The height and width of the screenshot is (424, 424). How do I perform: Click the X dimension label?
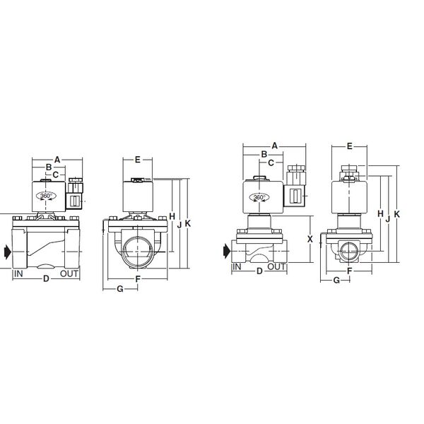(310, 239)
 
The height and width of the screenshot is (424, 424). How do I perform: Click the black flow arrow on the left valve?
(8, 252)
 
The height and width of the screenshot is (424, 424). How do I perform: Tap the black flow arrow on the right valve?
(227, 251)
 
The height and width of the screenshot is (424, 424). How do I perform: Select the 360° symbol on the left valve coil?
(46, 196)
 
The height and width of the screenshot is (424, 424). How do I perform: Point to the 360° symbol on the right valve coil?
(259, 197)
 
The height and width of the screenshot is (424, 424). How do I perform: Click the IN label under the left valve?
(18, 273)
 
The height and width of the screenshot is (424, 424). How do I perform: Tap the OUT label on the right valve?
(276, 267)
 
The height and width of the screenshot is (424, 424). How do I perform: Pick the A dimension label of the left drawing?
(57, 160)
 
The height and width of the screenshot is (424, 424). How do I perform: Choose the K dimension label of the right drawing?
(396, 214)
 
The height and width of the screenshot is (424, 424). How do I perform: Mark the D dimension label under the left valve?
(46, 278)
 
